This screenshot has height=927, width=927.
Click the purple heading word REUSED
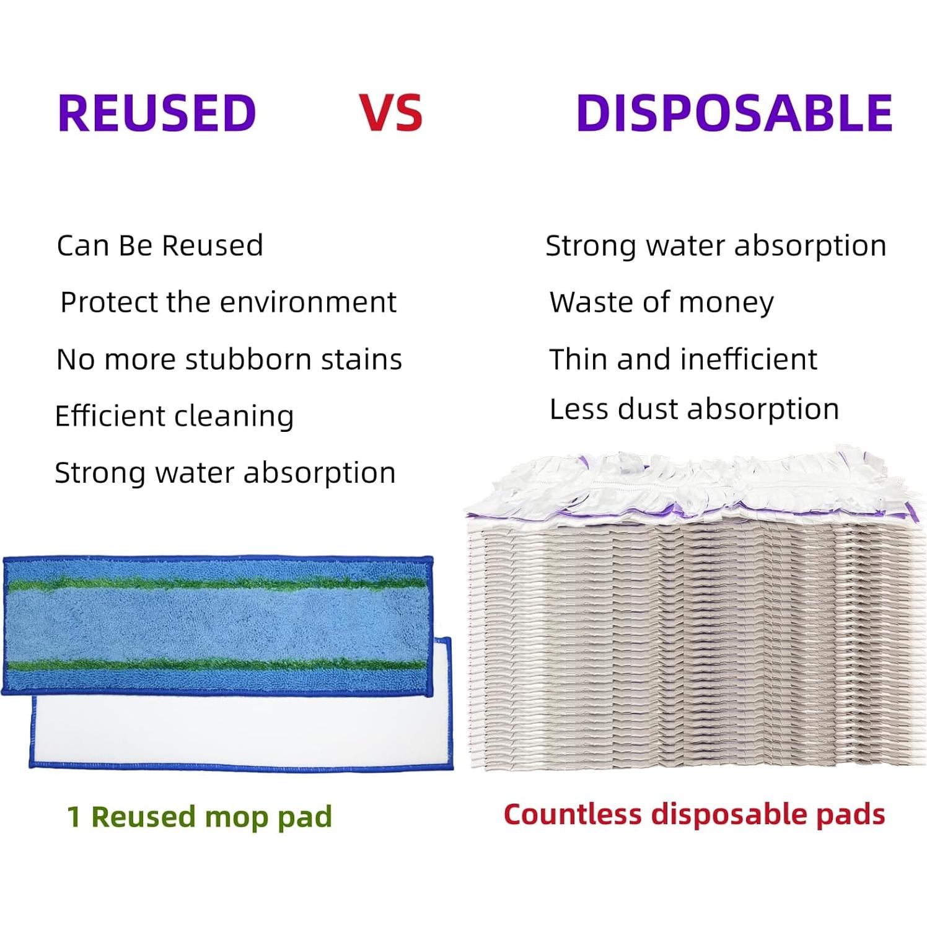[157, 113]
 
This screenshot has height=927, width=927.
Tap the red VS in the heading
[392, 113]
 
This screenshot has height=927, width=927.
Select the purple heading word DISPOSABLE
[734, 113]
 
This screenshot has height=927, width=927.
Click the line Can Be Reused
[160, 245]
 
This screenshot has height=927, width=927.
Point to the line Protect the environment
[229, 302]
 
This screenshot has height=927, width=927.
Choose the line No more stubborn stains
[229, 359]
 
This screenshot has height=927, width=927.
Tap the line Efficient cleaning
[174, 416]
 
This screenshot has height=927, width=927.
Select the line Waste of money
[662, 303]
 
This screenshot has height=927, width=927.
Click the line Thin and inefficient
[683, 359]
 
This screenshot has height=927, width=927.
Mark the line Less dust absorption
[694, 410]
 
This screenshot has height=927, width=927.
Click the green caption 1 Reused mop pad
[200, 817]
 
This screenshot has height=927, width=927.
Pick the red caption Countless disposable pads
[695, 815]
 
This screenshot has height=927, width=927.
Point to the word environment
[308, 302]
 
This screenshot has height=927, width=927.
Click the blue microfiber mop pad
[218, 625]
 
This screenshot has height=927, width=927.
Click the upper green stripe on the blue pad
[218, 584]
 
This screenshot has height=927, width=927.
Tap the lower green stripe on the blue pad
[218, 666]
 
